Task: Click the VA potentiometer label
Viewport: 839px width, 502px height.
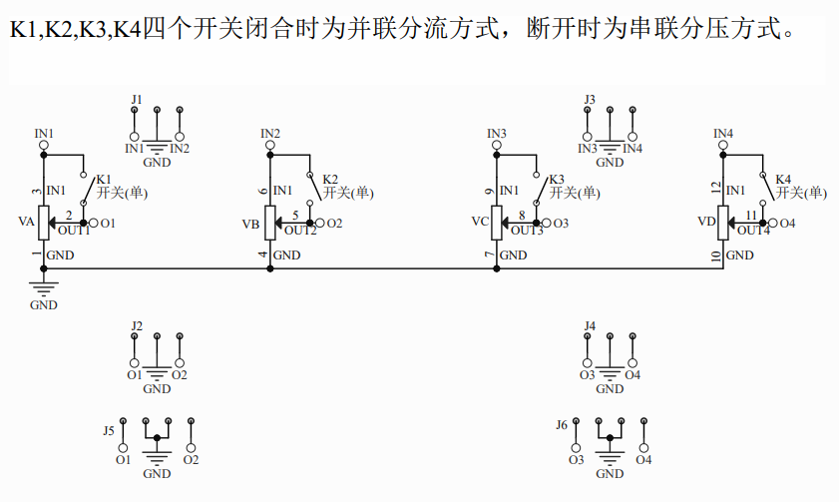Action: (26, 222)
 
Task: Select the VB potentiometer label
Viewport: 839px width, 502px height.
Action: (251, 225)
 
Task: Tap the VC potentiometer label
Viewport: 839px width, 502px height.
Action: (479, 222)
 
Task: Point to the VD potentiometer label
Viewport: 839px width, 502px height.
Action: (705, 222)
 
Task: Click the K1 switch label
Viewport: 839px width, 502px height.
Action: (104, 178)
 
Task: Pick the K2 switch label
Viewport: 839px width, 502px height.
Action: (330, 180)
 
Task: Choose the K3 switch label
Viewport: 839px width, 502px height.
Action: (557, 180)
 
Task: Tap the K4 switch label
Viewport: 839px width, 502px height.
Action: (783, 180)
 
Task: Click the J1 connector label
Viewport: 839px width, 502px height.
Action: (137, 100)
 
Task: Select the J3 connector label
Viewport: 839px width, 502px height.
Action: (590, 100)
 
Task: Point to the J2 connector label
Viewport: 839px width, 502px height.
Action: (137, 326)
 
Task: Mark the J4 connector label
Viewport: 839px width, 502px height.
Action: (590, 326)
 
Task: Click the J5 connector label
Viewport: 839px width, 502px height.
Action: (109, 430)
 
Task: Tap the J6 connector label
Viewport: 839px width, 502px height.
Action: (562, 425)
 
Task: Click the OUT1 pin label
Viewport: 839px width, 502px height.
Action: (73, 231)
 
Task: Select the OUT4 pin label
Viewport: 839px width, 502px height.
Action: (754, 231)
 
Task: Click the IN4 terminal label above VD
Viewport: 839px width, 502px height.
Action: (723, 133)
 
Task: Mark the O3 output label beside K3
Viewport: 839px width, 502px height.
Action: (561, 224)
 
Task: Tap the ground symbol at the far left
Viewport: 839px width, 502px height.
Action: (43, 290)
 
